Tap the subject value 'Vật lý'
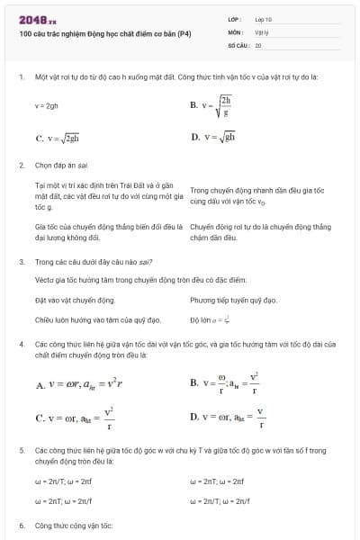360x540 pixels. [262, 31]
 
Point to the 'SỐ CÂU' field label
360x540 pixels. [238, 44]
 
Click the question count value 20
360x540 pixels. [258, 44]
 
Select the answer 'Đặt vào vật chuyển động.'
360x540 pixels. [75, 299]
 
